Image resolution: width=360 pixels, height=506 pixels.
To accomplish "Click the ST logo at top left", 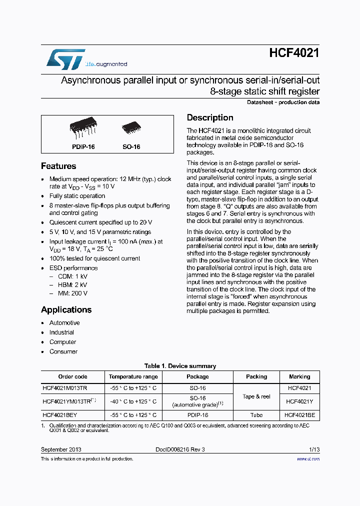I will pyautogui.click(x=65, y=59).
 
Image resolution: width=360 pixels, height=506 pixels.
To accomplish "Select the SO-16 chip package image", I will pyautogui.click(x=131, y=129).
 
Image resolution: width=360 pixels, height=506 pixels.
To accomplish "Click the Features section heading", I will pyautogui.click(x=58, y=166).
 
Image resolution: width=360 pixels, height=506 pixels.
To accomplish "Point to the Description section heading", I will pyautogui.click(x=210, y=118).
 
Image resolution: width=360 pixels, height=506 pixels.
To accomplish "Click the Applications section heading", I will pyautogui.click(x=66, y=310).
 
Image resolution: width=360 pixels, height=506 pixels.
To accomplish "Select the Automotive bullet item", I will pyautogui.click(x=64, y=323).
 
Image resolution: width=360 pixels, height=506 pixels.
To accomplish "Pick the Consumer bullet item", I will pyautogui.click(x=63, y=351).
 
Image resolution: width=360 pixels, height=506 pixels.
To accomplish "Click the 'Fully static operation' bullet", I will pyautogui.click(x=77, y=196).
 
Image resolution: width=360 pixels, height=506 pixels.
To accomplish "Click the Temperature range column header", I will pyautogui.click(x=133, y=376).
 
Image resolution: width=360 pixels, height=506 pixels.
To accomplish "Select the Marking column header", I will pyautogui.click(x=299, y=376).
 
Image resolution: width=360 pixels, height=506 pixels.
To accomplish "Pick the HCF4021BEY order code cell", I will pyautogui.click(x=60, y=415).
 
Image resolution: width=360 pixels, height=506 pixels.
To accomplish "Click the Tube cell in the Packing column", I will pyautogui.click(x=256, y=415).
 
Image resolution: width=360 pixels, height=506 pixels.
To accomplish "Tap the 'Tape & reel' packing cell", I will pyautogui.click(x=256, y=396).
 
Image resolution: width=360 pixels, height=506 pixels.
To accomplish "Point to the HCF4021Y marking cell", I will pyautogui.click(x=299, y=401).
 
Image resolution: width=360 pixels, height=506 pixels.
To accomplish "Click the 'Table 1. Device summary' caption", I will pyautogui.click(x=180, y=366).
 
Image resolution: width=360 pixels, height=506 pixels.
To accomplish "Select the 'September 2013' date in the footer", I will pyautogui.click(x=61, y=449).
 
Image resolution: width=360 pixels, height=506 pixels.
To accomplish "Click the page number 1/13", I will pyautogui.click(x=314, y=449).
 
